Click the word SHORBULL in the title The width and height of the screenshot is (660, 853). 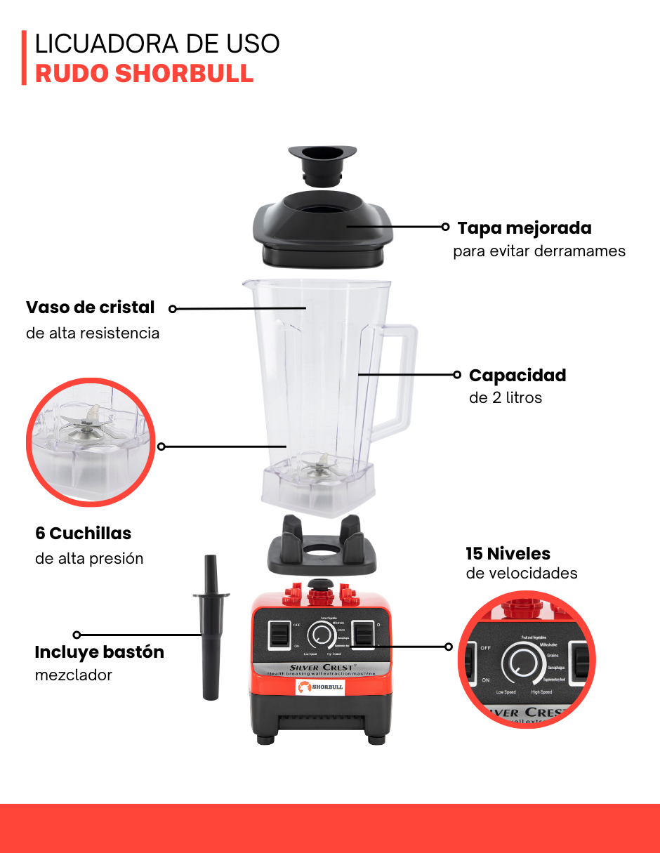[x=184, y=74]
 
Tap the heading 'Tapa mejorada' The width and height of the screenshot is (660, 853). [x=524, y=228]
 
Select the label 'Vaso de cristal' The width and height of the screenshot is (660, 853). [x=90, y=308]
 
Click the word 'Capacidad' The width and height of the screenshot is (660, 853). [x=517, y=375]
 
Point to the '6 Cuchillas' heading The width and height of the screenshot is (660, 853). [x=83, y=533]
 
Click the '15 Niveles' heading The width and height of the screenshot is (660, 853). [x=508, y=553]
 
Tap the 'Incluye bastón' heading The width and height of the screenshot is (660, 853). [x=99, y=652]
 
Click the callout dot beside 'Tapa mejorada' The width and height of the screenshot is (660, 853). [x=445, y=227]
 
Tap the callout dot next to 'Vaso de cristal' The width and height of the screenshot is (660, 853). [x=173, y=308]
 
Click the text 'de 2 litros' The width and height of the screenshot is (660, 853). [x=506, y=398]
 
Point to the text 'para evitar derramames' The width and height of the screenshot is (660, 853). [x=539, y=251]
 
